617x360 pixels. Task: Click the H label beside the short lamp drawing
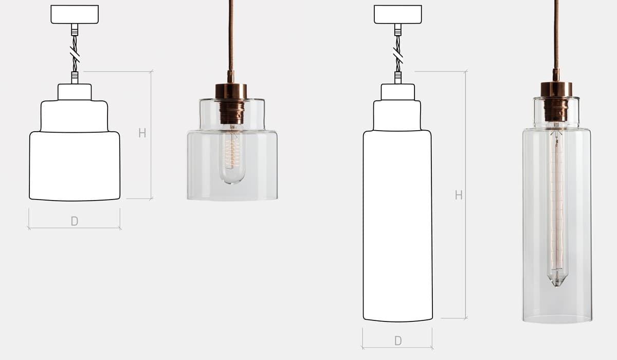[x=142, y=133]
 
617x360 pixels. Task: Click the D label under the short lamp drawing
[x=75, y=221]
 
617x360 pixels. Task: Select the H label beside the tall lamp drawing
[x=459, y=195]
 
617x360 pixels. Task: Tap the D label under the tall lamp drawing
[x=398, y=341]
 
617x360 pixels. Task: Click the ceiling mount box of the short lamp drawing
[x=75, y=14]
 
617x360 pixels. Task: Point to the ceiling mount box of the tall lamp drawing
[x=398, y=14]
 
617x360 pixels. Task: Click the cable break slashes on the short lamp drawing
[x=75, y=55]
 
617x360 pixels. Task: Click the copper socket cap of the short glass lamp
[x=231, y=91]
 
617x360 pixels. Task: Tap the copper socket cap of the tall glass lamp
[x=556, y=89]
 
